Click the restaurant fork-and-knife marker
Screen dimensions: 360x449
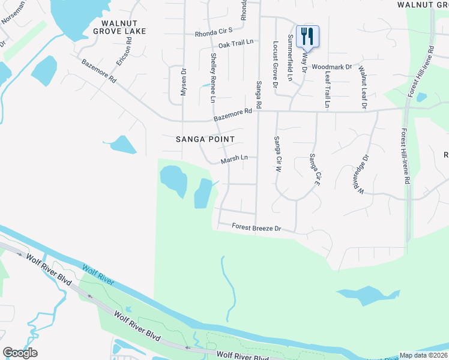[x=307, y=36]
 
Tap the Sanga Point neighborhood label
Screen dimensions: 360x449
[x=205, y=139]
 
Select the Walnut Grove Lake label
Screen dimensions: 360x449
[x=116, y=27]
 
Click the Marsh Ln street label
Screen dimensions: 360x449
[x=234, y=159]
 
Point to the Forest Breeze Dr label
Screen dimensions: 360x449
[x=257, y=228]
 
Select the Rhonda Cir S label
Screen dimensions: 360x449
[x=213, y=34]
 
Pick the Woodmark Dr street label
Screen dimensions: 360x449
[x=331, y=67]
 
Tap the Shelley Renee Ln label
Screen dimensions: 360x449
[x=212, y=77]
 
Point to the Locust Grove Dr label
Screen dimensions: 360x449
[x=275, y=65]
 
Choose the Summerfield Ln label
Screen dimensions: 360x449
[x=290, y=58]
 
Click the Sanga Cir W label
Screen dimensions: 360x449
[x=277, y=154]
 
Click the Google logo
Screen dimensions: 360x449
[x=20, y=352]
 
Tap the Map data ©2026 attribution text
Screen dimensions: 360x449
[x=423, y=355]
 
